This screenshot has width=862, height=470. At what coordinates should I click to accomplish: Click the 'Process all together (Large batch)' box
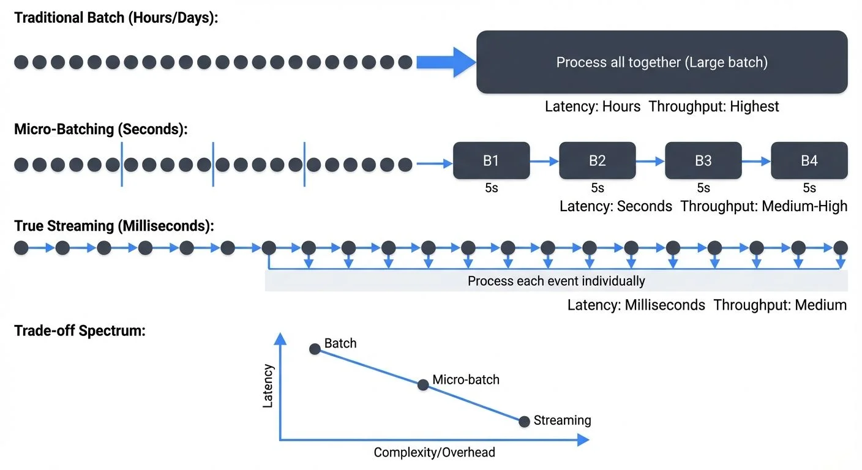coord(662,62)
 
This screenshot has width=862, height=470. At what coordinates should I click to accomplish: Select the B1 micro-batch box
coord(491,160)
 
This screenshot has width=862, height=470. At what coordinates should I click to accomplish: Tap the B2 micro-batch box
coord(597,160)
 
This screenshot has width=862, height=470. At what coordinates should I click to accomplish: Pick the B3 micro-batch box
coord(703,160)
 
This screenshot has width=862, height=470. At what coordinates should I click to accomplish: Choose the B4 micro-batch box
coord(809,160)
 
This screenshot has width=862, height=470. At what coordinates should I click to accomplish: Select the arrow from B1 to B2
coord(544,161)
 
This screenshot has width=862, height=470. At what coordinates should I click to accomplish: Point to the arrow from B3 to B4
coord(755,161)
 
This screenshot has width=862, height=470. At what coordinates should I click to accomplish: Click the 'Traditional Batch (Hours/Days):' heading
coord(116,18)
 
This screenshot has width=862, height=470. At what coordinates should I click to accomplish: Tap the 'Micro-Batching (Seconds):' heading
coord(101,130)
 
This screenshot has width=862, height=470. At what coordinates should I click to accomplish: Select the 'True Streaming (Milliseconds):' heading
coord(114,226)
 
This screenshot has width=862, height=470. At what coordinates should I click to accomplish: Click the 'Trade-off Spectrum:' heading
coord(80,331)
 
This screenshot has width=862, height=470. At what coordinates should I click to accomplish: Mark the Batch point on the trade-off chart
coord(315,349)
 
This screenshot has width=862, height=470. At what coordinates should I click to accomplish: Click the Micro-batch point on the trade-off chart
coord(422,385)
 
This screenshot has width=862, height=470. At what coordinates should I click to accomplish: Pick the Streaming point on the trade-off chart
coord(523,422)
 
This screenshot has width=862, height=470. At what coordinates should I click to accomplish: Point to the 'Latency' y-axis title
coord(268,386)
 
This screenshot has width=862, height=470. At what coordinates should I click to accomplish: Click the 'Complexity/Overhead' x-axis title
coord(434,453)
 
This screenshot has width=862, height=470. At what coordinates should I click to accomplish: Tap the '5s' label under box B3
coord(703,188)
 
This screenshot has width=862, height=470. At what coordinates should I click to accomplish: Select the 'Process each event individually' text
coord(556,281)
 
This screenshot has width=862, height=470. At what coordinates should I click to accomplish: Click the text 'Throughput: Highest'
coord(714,106)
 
